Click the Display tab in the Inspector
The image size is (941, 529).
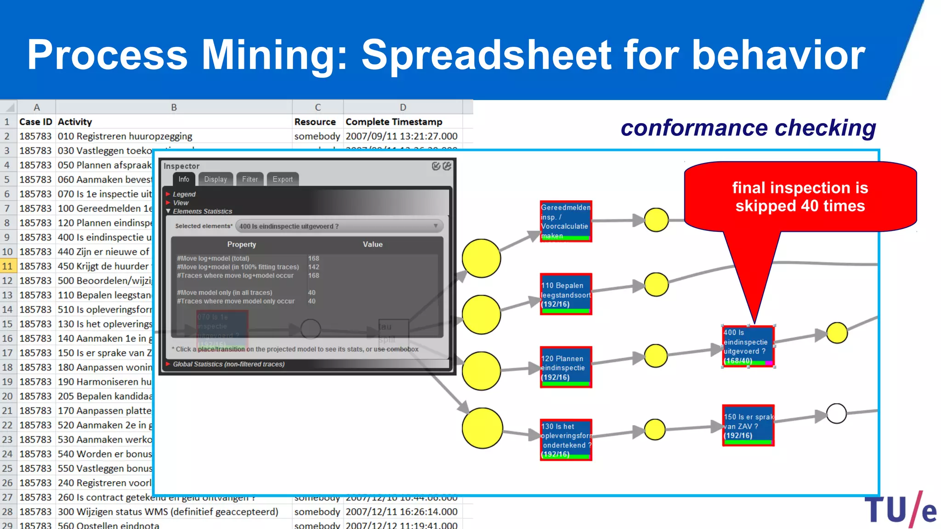pyautogui.click(x=215, y=179)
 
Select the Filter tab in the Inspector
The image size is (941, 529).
pyautogui.click(x=250, y=179)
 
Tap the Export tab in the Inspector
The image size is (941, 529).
pyautogui.click(x=282, y=179)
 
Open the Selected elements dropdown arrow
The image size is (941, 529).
pyautogui.click(x=435, y=226)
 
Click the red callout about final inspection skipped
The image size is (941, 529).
pyautogui.click(x=800, y=197)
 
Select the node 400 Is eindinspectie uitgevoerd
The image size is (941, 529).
pyautogui.click(x=748, y=346)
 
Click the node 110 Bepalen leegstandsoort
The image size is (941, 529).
pyautogui.click(x=566, y=294)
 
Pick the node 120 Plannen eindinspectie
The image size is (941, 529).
pyautogui.click(x=566, y=367)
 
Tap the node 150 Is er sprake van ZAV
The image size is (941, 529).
pyautogui.click(x=748, y=426)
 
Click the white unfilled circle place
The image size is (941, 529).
pyautogui.click(x=836, y=413)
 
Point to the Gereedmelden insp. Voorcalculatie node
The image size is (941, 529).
pyautogui.click(x=566, y=221)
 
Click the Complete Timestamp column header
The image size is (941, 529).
pyautogui.click(x=394, y=122)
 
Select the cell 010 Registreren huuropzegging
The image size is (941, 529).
pyautogui.click(x=125, y=136)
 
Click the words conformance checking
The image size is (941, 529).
pyautogui.click(x=748, y=128)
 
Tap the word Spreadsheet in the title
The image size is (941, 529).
pyautogui.click(x=487, y=55)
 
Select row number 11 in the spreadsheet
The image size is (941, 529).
pyautogui.click(x=7, y=266)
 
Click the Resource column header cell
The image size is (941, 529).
pyautogui.click(x=315, y=122)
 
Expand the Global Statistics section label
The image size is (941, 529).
pyautogui.click(x=228, y=364)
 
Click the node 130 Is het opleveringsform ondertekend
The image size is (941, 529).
pyautogui.click(x=566, y=440)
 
